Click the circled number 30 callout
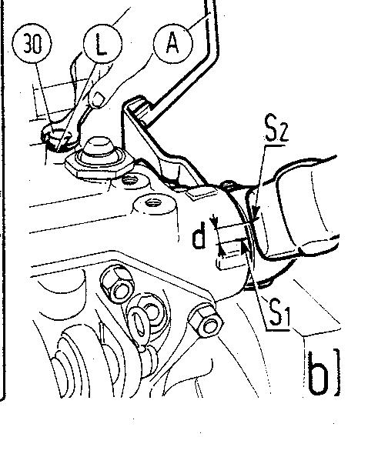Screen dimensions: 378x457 click(x=32, y=43)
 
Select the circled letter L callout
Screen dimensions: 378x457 click(x=102, y=43)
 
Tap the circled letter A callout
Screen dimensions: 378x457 click(x=173, y=43)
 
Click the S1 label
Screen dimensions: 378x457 click(x=279, y=313)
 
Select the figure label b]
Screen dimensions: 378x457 click(x=324, y=373)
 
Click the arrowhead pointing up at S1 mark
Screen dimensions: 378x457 click(x=244, y=245)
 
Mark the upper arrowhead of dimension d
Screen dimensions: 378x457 click(x=215, y=224)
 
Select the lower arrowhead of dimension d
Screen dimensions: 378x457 click(x=222, y=251)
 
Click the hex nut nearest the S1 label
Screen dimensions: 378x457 click(x=206, y=320)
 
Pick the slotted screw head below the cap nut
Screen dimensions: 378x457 click(x=130, y=180)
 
